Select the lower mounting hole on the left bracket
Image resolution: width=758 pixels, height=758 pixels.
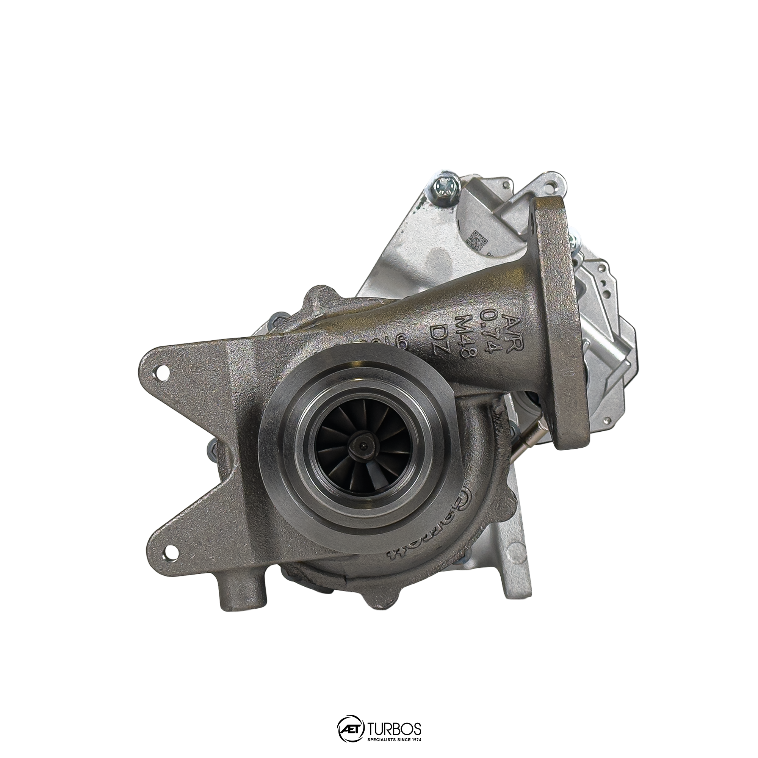[170, 553]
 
